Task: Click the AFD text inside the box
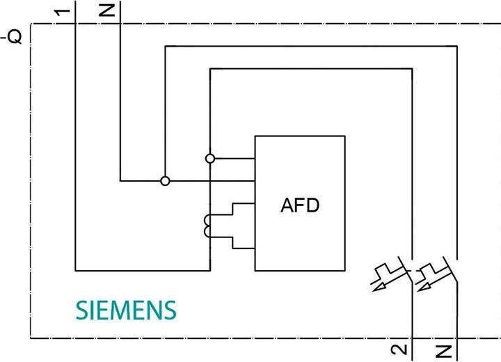point(299,205)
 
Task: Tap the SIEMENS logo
point(125,310)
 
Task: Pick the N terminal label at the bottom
point(446,350)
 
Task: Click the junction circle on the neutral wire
point(165,181)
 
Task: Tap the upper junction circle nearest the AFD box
point(210,159)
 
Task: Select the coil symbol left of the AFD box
point(207,226)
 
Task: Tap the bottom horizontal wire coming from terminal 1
point(143,269)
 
